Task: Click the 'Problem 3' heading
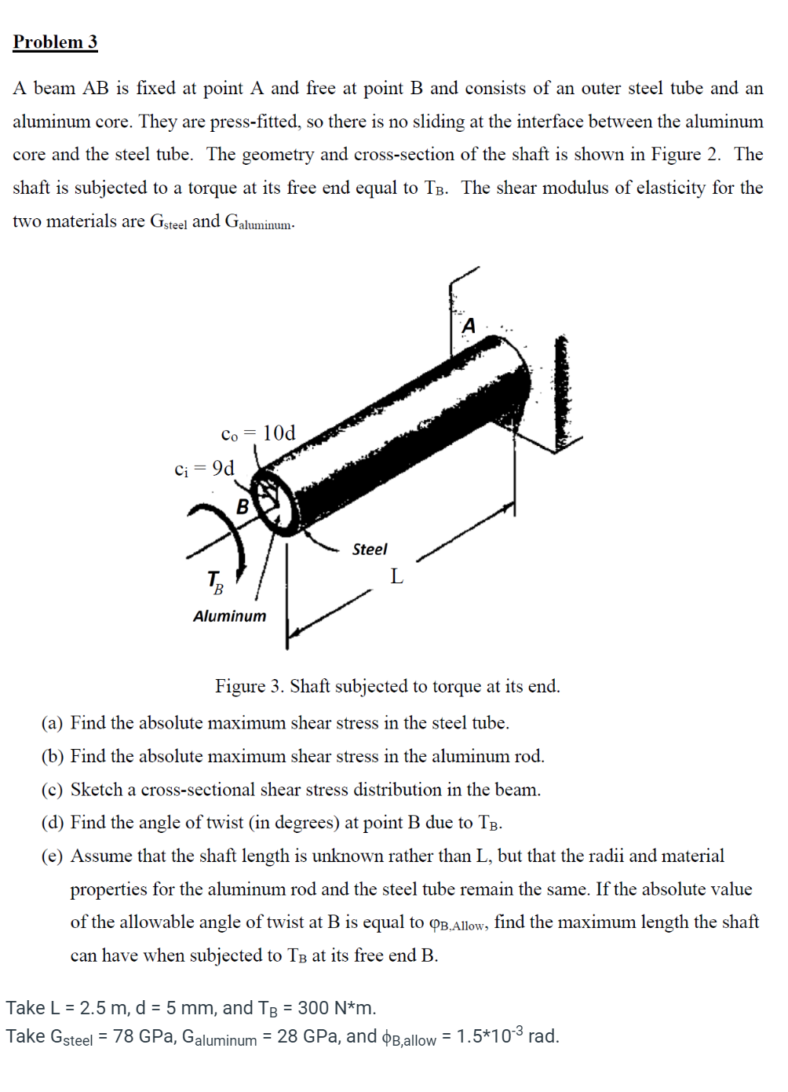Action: click(55, 42)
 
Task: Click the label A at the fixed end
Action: click(469, 326)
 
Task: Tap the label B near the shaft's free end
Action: click(243, 507)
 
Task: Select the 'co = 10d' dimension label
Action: click(258, 433)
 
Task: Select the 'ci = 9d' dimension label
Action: click(204, 469)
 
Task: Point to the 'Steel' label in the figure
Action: click(369, 550)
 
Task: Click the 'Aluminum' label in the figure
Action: click(229, 616)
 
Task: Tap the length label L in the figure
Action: click(396, 577)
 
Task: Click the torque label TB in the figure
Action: click(214, 583)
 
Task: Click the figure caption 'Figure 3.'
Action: click(250, 687)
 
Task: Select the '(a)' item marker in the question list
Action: click(52, 723)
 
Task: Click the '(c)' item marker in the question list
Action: click(52, 790)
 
